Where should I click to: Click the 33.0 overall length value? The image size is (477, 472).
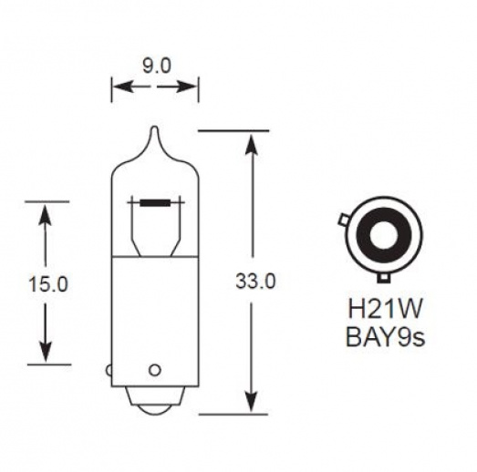pyautogui.click(x=255, y=282)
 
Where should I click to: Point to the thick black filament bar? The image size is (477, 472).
pyautogui.click(x=154, y=201)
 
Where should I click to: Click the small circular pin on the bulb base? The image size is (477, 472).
pyautogui.click(x=154, y=370)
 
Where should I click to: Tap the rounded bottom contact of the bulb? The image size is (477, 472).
pyautogui.click(x=154, y=408)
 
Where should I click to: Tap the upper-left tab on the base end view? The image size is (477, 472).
pyautogui.click(x=342, y=220)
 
